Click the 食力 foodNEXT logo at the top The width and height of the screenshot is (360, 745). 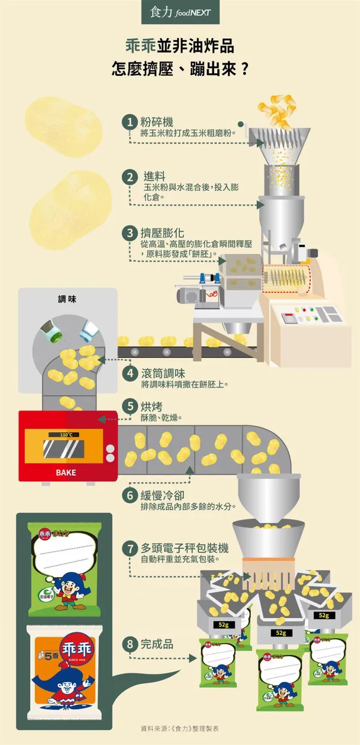pos(179,11)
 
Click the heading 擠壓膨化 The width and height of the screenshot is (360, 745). pos(164,232)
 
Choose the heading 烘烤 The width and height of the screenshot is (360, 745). pos(152,406)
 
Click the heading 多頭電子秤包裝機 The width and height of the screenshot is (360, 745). pos(184,547)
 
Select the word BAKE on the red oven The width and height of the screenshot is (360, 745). pos(66,472)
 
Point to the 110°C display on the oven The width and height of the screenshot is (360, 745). pos(66,435)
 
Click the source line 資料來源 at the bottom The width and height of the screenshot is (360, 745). pos(180,729)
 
